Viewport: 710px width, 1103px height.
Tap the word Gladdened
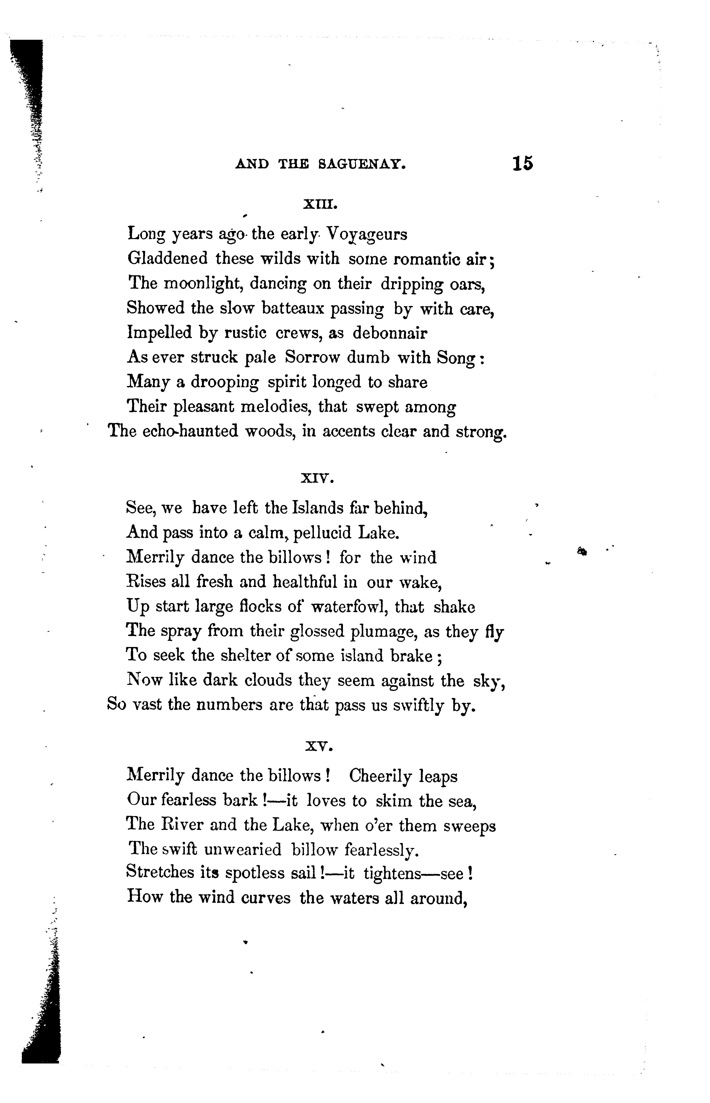[167, 259]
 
